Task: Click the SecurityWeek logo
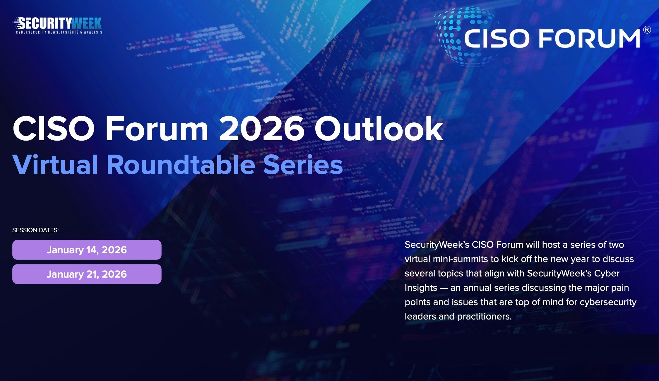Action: point(58,23)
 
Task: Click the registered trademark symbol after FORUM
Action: point(647,30)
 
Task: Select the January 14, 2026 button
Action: point(87,250)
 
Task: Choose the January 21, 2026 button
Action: point(87,274)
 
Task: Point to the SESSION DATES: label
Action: point(35,230)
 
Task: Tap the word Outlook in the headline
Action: point(379,129)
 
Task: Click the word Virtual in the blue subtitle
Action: point(55,165)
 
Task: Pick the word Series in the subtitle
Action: point(303,165)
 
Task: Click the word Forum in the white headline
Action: point(157,129)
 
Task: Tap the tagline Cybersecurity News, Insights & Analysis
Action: point(59,32)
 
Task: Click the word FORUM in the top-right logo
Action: point(589,39)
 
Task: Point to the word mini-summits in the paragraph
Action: point(460,259)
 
